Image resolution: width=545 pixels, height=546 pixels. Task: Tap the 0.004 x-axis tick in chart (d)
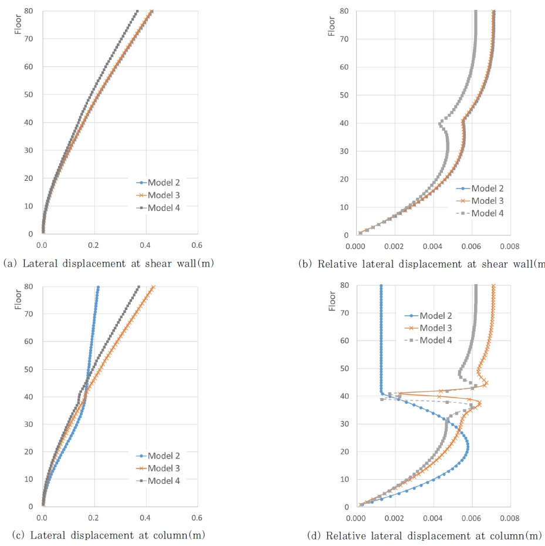[433, 518]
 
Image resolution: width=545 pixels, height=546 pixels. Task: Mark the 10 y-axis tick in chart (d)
[346, 479]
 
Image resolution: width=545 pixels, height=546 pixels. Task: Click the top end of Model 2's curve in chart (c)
[98, 287]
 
